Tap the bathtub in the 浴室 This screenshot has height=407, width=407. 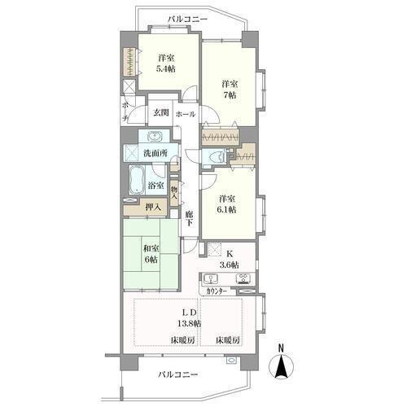[x=137, y=180]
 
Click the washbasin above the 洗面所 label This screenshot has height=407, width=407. [x=155, y=136]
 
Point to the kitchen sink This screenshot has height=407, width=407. [x=211, y=278]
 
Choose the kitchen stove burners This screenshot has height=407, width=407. [x=243, y=278]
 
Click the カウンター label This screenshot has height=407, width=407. [x=217, y=291]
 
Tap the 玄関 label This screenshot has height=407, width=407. [x=161, y=112]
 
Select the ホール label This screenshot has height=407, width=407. [x=186, y=114]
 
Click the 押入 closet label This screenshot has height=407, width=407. [x=153, y=208]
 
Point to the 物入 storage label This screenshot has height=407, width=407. [x=174, y=192]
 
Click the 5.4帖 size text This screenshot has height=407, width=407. [x=165, y=68]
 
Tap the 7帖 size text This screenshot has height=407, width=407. [x=230, y=95]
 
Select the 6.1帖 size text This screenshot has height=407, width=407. [x=227, y=209]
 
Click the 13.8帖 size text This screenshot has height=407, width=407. [x=189, y=323]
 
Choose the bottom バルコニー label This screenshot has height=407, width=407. [x=177, y=374]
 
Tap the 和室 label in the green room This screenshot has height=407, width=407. [x=151, y=248]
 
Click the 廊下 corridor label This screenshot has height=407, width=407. [x=190, y=219]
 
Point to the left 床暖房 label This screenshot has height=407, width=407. [x=182, y=339]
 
